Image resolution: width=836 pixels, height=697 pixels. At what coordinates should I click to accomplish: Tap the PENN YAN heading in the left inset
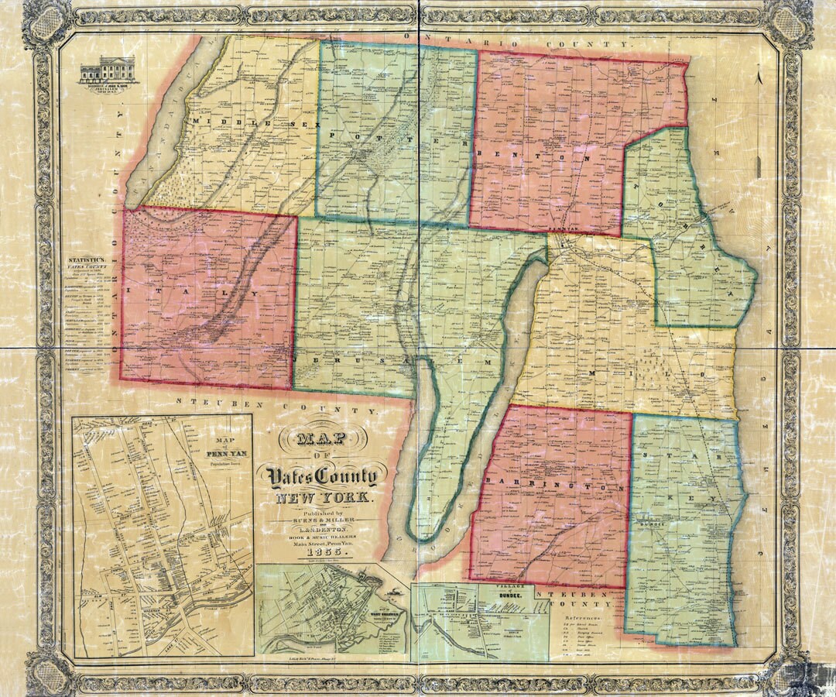(222, 456)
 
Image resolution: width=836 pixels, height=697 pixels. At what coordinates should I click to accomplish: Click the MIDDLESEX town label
(235, 124)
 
